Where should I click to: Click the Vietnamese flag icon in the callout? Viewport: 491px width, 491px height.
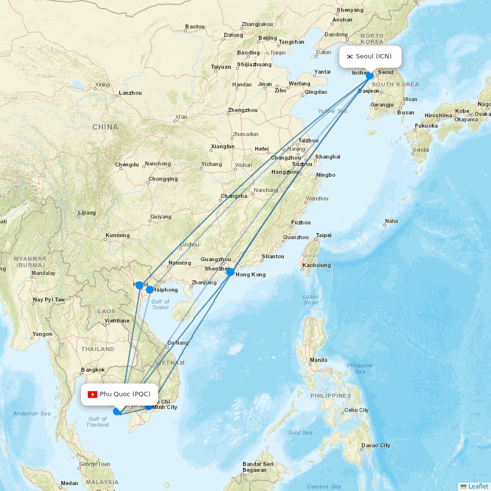pyautogui.click(x=92, y=394)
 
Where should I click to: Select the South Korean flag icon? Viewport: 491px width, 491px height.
pyautogui.click(x=350, y=56)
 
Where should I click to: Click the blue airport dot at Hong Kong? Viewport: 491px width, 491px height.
pyautogui.click(x=230, y=272)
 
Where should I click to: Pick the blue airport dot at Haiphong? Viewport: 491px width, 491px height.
pyautogui.click(x=150, y=290)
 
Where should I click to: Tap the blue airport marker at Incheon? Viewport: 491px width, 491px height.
pyautogui.click(x=370, y=76)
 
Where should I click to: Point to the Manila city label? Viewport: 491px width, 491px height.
pyautogui.click(x=318, y=360)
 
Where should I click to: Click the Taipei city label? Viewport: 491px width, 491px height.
pyautogui.click(x=324, y=235)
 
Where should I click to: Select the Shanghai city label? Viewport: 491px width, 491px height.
pyautogui.click(x=327, y=157)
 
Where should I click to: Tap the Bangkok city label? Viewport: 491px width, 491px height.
pyautogui.click(x=93, y=370)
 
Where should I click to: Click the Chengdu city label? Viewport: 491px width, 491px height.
pyautogui.click(x=127, y=164)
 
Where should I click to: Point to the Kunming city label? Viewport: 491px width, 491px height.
pyautogui.click(x=117, y=235)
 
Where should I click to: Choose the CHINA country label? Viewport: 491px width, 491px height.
pyautogui.click(x=105, y=127)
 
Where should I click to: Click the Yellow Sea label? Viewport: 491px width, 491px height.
pyautogui.click(x=332, y=111)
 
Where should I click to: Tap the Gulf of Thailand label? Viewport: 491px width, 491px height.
pyautogui.click(x=97, y=422)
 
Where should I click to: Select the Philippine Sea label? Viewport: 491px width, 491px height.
pyautogui.click(x=360, y=368)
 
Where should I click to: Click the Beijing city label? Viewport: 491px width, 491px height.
pyautogui.click(x=268, y=38)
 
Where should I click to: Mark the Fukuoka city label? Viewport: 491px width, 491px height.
pyautogui.click(x=426, y=126)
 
